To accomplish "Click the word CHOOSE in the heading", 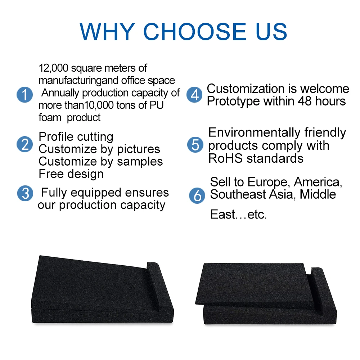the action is click(195, 31).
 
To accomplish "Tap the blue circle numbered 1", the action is click(24, 95).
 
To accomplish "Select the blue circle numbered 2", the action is click(24, 144).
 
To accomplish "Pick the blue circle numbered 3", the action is click(25, 193).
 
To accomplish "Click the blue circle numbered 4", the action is click(194, 95).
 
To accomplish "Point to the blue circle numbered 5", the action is click(195, 145).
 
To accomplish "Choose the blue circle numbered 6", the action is click(197, 195).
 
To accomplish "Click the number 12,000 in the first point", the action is click(54, 68).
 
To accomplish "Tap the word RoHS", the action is click(225, 158).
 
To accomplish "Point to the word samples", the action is click(140, 162).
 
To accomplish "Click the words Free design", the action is click(71, 174).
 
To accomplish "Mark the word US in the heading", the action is click(271, 31).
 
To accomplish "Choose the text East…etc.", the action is click(238, 215).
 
